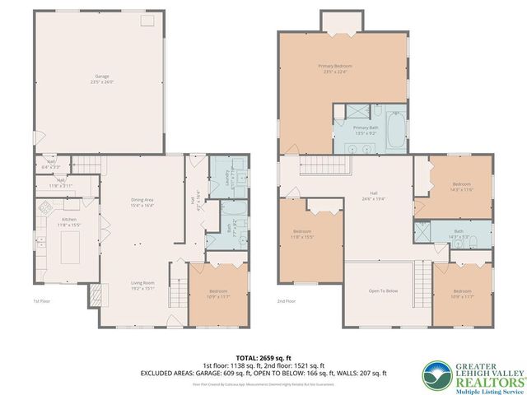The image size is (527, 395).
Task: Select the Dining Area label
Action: [x=143, y=202]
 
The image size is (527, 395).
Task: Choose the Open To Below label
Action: [x=383, y=291]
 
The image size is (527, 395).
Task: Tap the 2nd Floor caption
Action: [x=286, y=301]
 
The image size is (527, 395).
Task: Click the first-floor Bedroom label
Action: [x=218, y=294]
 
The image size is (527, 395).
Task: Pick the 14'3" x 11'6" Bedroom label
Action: [x=461, y=187]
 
